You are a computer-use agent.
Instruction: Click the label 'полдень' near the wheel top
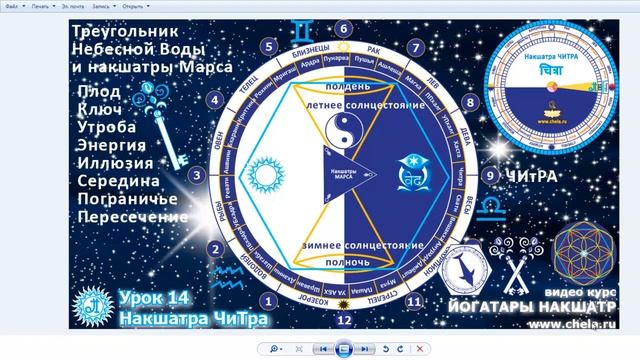pos(344,88)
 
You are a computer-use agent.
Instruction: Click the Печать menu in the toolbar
pos(42,6)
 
